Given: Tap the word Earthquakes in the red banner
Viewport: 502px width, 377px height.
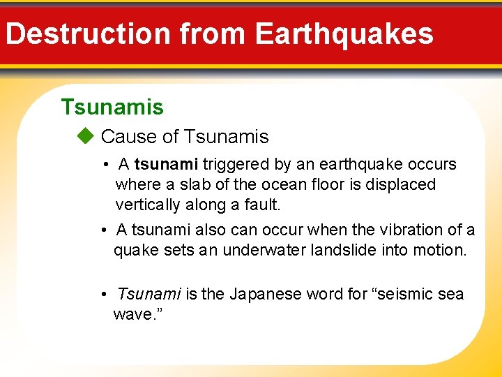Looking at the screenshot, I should point(344,34).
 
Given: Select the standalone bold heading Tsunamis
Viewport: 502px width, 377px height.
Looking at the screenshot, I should point(112,107).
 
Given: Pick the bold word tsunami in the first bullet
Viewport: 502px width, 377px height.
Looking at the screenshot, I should point(167,165).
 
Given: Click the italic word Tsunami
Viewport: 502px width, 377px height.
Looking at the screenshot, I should point(149,294).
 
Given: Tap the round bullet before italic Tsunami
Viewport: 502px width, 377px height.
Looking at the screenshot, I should point(103,294).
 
